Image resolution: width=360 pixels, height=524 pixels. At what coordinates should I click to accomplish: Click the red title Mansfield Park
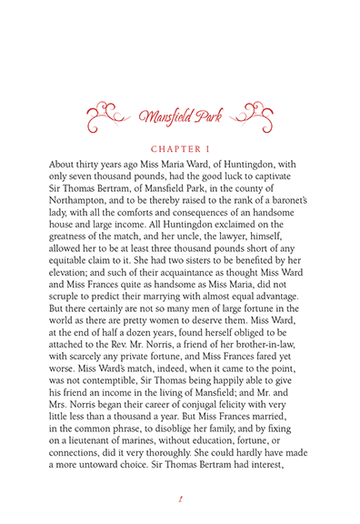pos(180,116)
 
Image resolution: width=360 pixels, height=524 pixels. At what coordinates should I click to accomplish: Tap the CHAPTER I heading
pos(180,144)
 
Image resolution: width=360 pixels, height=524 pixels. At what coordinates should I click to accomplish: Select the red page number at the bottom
pos(180,498)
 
